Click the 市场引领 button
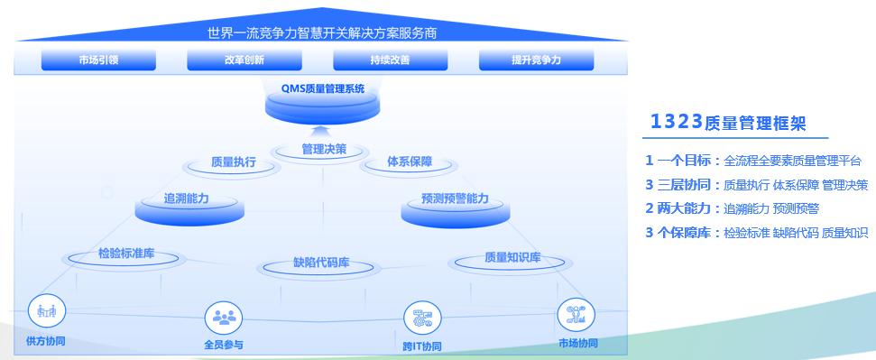[x=98, y=60]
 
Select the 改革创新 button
[x=244, y=60]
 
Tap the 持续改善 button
[x=390, y=60]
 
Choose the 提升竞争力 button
[x=536, y=60]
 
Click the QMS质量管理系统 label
[x=323, y=89]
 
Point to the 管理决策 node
[x=324, y=150]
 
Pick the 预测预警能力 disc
[x=456, y=206]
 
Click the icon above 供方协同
[x=47, y=310]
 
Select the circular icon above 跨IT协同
[x=422, y=318]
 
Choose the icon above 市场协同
[x=576, y=315]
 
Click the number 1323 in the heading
[x=676, y=122]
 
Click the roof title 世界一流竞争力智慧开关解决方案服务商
[x=322, y=33]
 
